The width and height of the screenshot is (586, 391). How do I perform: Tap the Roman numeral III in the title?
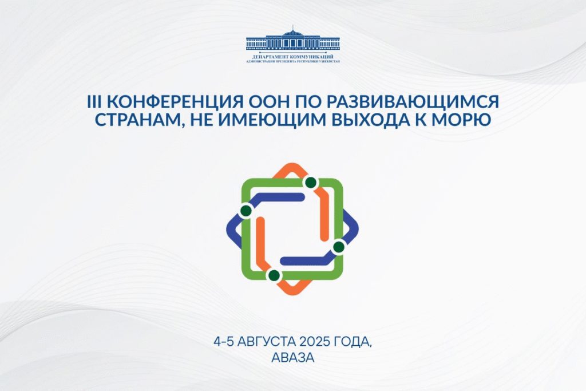coord(94,101)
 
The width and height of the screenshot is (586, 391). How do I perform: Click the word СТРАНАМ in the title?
coord(139,120)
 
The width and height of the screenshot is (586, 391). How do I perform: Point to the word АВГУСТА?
coord(267,342)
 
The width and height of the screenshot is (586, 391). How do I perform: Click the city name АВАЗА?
coord(293,358)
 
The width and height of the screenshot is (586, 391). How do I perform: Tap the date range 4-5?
coord(224,342)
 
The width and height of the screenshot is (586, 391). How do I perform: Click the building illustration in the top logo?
coord(293,40)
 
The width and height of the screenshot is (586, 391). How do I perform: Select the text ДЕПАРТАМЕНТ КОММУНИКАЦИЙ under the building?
coord(293,57)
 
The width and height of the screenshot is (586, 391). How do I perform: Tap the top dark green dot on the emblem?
coord(311,183)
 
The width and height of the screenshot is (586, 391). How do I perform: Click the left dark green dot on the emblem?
coord(246,211)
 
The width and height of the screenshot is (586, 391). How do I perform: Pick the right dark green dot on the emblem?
coord(339,247)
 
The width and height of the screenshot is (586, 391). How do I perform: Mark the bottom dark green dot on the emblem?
coord(274,275)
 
